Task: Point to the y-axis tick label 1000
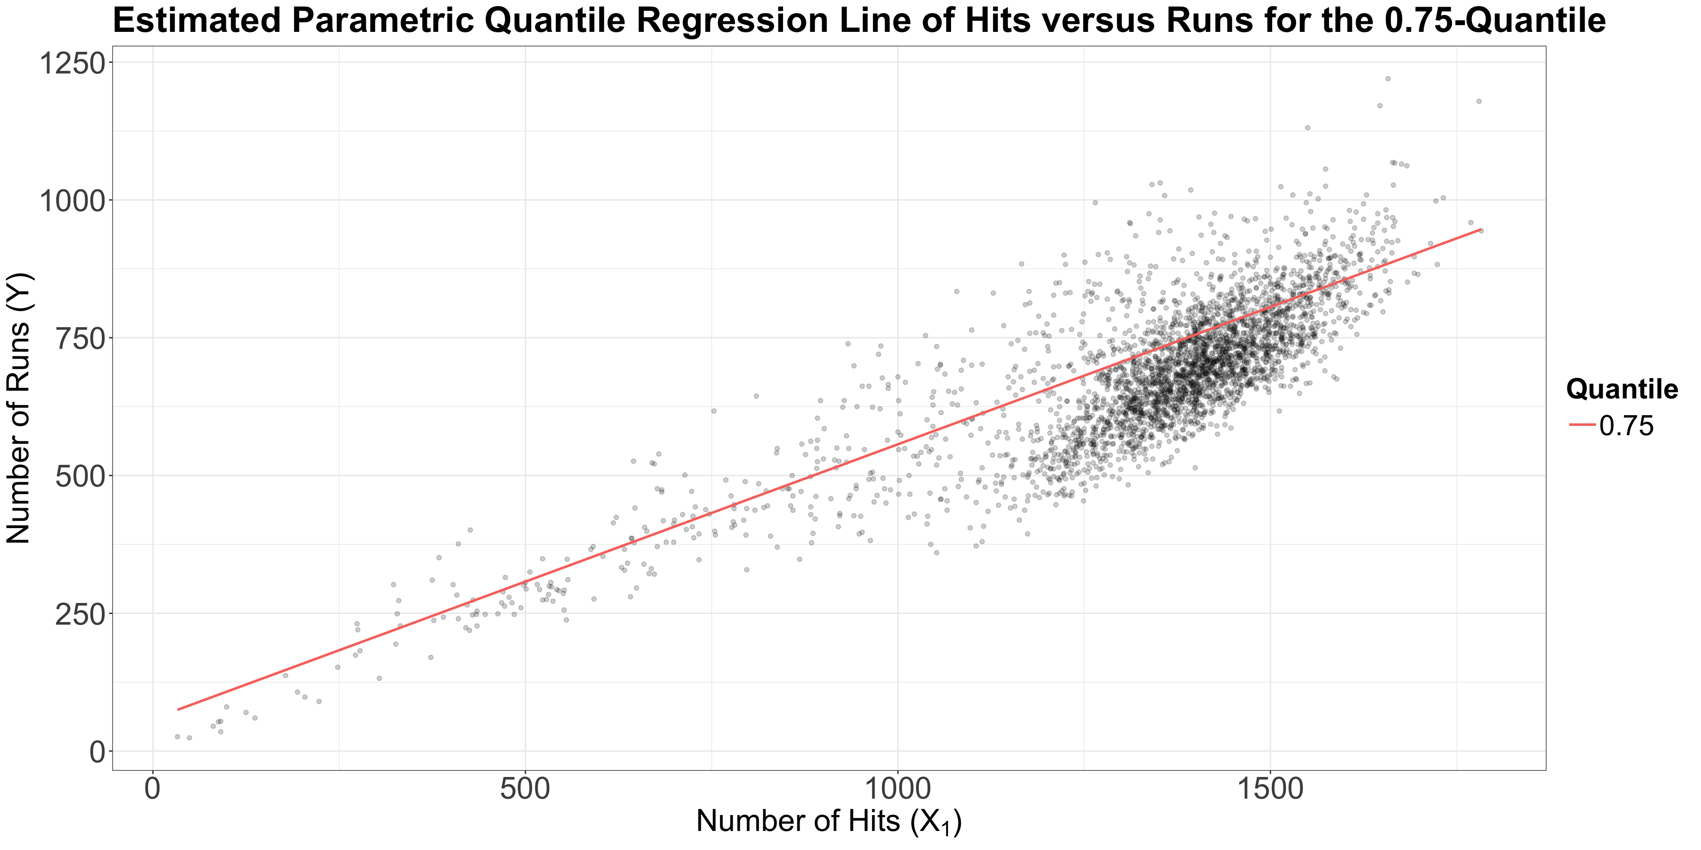(x=72, y=200)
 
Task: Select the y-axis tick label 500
(x=81, y=476)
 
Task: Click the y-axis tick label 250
(x=81, y=614)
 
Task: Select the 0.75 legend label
(x=1627, y=426)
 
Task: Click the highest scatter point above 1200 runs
(x=1387, y=78)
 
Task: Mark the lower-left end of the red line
(x=178, y=709)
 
